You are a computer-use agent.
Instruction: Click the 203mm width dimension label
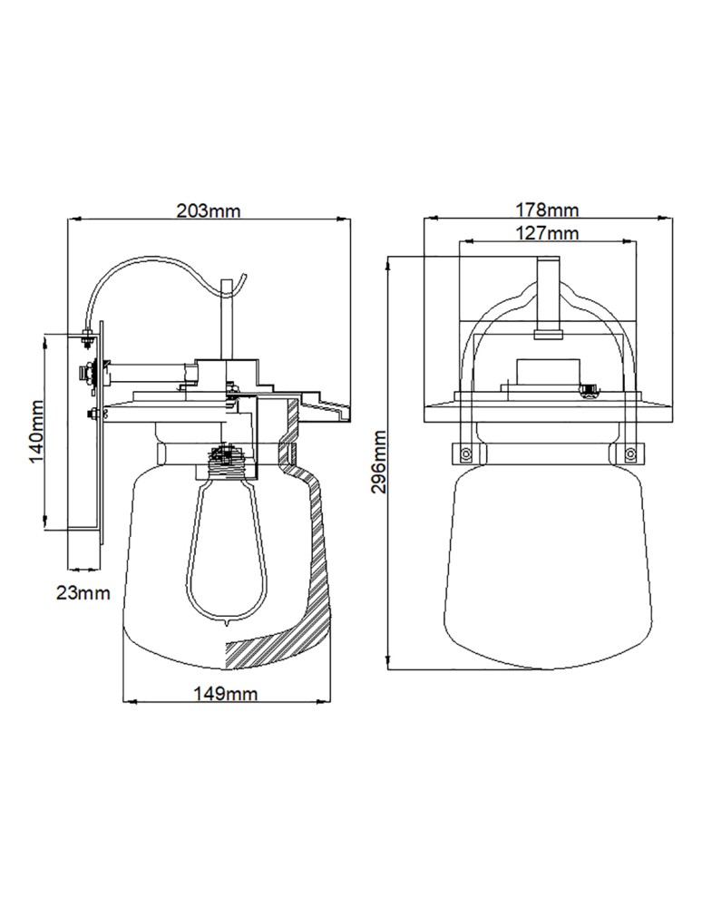[209, 211]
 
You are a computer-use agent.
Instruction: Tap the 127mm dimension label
[547, 234]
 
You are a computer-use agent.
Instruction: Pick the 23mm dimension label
[83, 594]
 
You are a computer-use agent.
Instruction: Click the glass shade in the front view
[545, 562]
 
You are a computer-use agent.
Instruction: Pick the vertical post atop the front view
[548, 295]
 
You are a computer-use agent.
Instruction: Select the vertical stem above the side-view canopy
[227, 317]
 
